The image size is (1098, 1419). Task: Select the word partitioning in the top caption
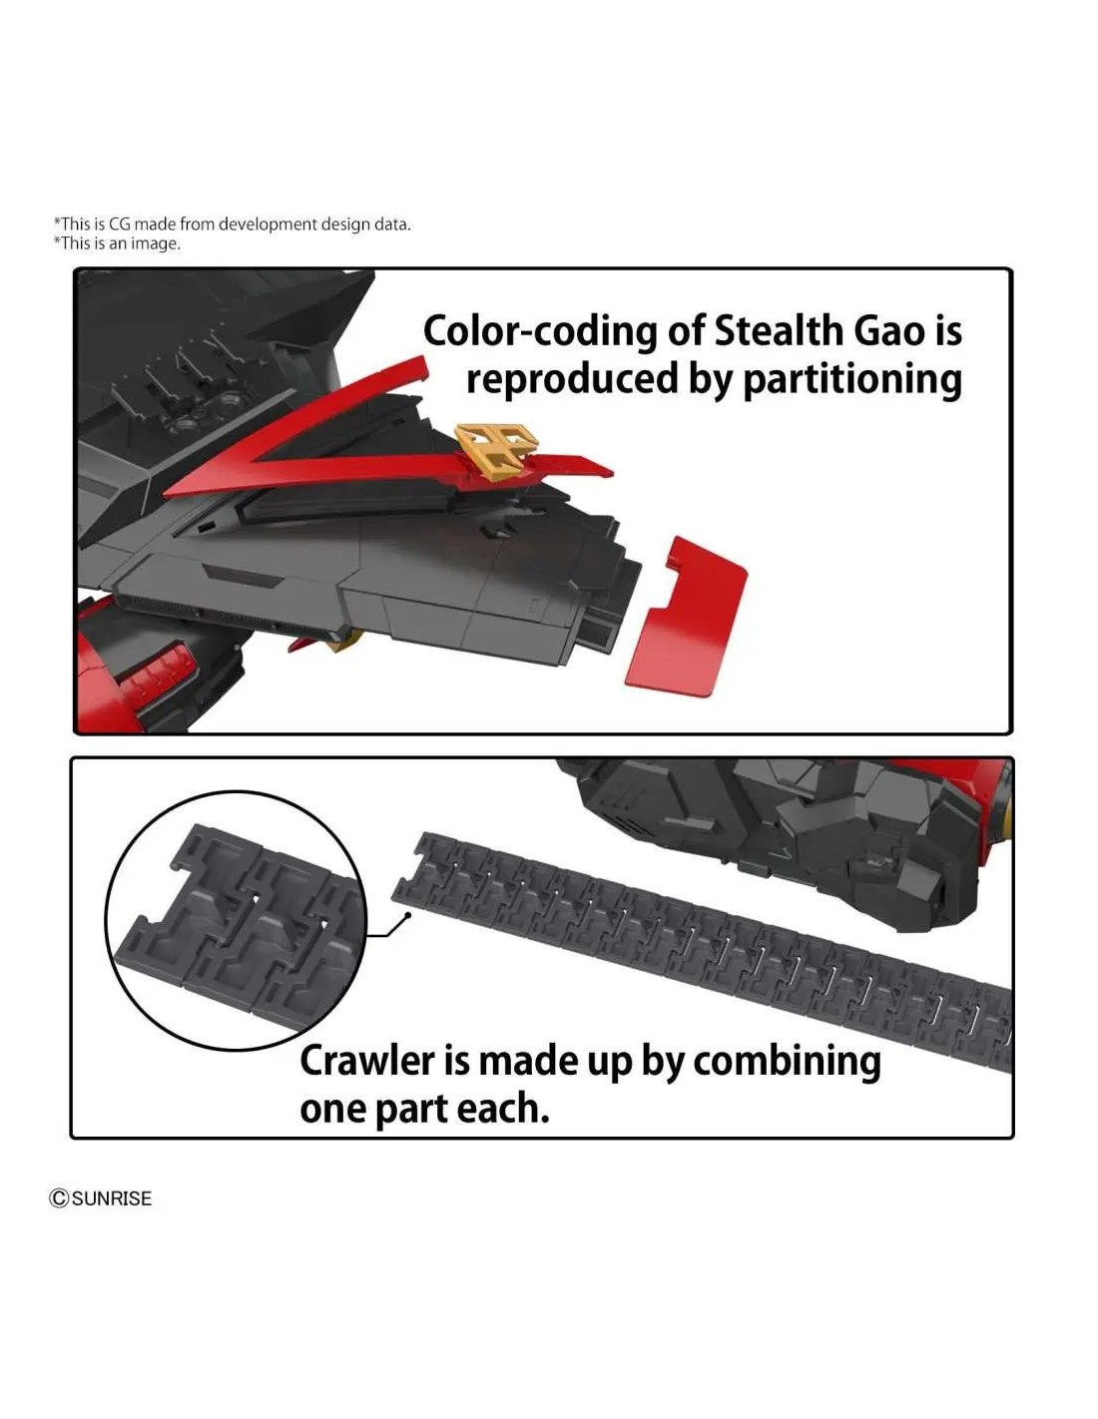851,380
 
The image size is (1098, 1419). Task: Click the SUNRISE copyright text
112,1198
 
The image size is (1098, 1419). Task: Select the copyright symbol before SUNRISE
59,1198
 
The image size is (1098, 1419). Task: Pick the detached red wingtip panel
687,617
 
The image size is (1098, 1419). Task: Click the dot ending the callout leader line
408,915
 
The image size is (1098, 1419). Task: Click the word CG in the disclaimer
120,225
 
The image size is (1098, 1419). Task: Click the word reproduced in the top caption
573,380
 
